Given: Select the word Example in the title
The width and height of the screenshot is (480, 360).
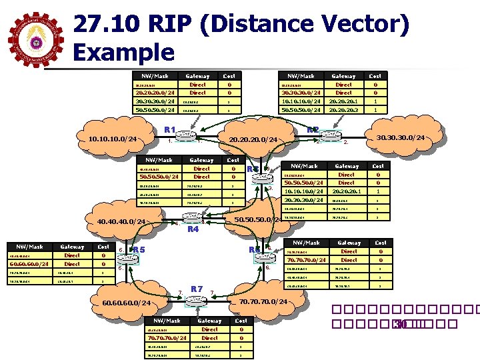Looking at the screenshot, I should coord(124,52).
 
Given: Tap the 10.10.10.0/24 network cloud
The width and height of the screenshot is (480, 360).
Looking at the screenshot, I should coord(113,139).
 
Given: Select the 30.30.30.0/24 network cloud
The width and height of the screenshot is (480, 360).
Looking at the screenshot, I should coord(401,138).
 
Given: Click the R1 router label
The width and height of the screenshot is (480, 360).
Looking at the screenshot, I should coord(170,129).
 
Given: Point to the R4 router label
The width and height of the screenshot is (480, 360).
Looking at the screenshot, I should coord(193,229).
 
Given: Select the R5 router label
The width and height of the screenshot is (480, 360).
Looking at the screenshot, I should coord(139,250).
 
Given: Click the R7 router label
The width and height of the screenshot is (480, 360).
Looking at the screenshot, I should coord(197,289).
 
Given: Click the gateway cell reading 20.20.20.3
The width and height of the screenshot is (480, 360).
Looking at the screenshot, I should coord(343,110).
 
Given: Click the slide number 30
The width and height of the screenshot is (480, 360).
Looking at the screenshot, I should coord(400,325).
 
